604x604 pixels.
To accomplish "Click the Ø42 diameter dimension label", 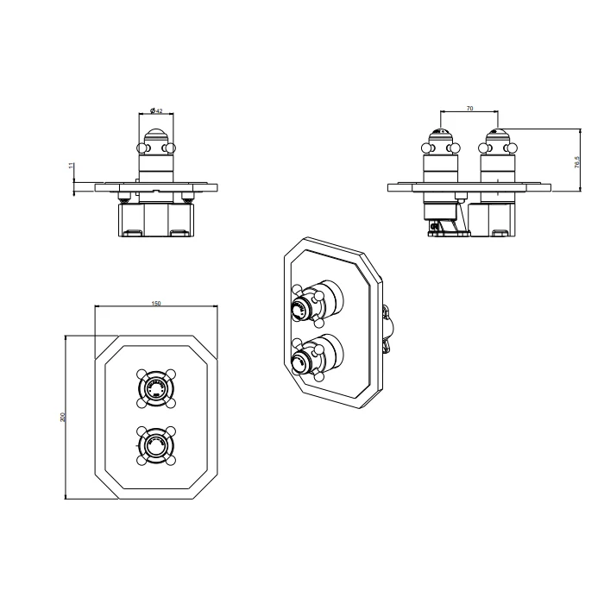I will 156,110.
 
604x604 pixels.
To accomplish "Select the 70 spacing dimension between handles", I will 469,108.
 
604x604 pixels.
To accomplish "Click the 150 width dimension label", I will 155,304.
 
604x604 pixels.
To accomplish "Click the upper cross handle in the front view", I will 155,388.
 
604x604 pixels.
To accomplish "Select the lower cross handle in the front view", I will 155,444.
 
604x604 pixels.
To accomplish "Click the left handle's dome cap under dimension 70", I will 440,135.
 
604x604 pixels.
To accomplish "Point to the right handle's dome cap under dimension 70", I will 496,135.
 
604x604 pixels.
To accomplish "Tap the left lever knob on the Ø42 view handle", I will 141,150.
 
